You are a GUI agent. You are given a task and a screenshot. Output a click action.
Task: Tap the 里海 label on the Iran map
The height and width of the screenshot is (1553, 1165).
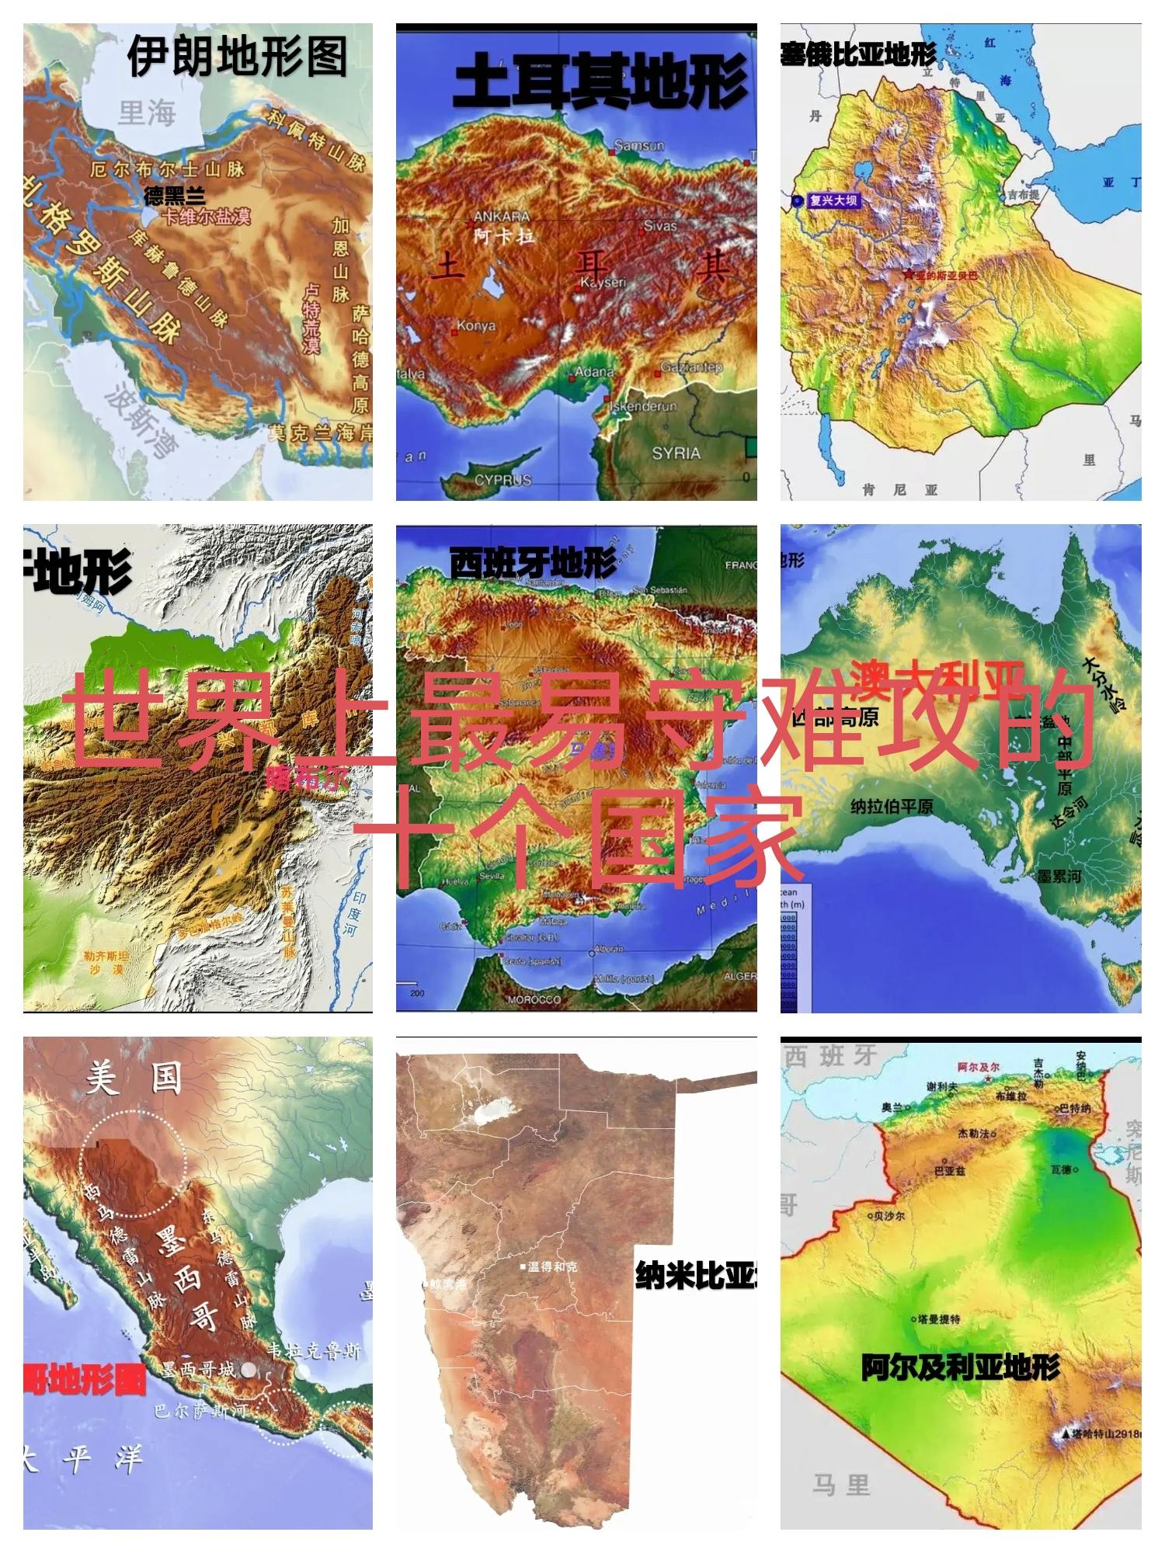tap(147, 113)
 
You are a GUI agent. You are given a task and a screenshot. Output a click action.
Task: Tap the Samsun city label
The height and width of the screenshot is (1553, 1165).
tap(639, 146)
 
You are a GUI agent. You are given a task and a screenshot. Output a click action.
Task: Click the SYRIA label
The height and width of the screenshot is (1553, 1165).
tap(676, 453)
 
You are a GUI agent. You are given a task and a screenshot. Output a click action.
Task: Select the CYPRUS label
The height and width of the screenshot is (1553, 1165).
tap(503, 481)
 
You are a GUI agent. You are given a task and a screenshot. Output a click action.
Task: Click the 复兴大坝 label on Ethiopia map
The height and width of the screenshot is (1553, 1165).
tap(833, 200)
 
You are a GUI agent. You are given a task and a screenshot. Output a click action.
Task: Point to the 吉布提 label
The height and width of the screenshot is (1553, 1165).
tap(1023, 196)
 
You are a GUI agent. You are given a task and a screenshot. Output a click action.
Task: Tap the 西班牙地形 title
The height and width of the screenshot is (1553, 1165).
tap(533, 562)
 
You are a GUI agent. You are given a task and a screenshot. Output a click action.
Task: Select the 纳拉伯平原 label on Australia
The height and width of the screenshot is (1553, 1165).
tap(892, 807)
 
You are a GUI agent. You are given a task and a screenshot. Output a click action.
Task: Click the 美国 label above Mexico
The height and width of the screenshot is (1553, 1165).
tap(134, 1079)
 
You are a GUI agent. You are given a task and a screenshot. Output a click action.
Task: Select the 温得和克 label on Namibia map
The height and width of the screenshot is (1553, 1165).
tap(552, 1266)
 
